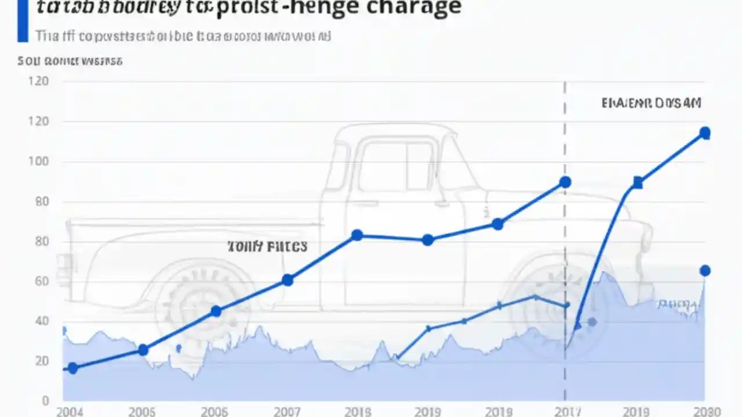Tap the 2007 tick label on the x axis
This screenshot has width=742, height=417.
pos(286,412)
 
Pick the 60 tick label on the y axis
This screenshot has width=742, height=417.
pos(38,281)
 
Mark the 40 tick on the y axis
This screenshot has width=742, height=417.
pos(38,321)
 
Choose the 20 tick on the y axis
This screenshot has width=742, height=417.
pos(38,361)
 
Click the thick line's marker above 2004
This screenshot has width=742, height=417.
pos(72,368)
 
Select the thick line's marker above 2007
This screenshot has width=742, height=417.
pos(287,280)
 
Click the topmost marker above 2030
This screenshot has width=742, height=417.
pos(704,133)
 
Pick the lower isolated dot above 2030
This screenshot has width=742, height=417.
pos(705,270)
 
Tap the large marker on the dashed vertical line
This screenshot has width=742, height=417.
pos(565,182)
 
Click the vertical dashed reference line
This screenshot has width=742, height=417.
pos(565,243)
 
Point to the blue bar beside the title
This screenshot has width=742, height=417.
pos(23,21)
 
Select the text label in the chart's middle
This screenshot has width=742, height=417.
pos(267,247)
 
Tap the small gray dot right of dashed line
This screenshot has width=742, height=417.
pos(591,322)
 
